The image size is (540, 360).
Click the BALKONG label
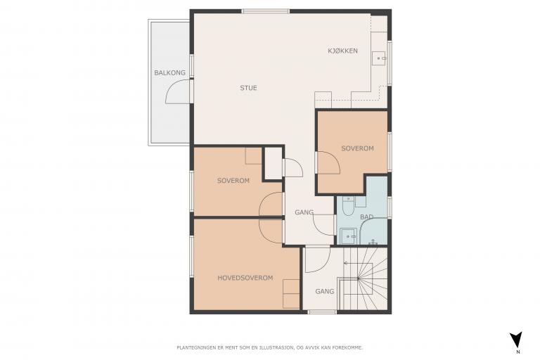[169, 72]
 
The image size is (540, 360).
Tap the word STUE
[248, 88]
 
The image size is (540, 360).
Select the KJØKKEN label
[342, 51]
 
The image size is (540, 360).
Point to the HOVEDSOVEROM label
[245, 278]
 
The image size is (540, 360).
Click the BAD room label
[366, 217]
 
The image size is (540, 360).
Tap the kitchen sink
[380, 58]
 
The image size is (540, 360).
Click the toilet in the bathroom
[348, 207]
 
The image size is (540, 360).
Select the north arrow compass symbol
[516, 340]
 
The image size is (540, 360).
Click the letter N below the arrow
[518, 352]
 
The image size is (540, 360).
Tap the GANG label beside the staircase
[324, 291]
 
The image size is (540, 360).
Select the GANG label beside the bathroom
[304, 212]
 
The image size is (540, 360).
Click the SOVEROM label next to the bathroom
[357, 148]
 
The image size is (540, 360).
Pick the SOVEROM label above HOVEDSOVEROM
[233, 181]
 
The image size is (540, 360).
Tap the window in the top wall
[266, 11]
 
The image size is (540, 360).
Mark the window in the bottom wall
[322, 312]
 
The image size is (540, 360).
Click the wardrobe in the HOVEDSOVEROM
[291, 294]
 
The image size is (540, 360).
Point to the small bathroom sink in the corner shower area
[349, 236]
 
